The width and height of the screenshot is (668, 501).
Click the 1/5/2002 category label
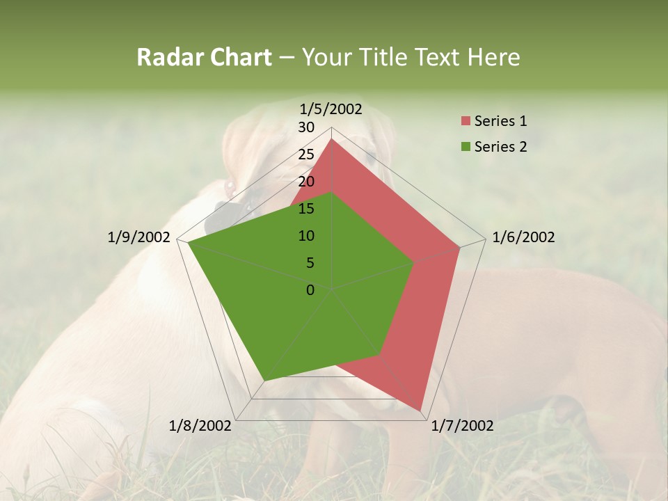(331, 109)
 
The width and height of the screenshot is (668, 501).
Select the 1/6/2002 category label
(523, 237)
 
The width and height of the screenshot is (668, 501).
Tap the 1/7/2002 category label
(462, 426)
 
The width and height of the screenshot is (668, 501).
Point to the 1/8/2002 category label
(200, 426)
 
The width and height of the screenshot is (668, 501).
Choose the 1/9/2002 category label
(139, 237)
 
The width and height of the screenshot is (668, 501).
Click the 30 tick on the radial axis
(306, 127)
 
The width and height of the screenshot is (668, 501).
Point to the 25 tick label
(306, 154)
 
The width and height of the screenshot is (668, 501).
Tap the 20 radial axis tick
(306, 182)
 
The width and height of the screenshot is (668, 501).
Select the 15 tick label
(306, 209)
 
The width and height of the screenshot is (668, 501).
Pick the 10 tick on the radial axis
(306, 236)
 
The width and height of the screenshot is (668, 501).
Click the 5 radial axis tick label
(310, 263)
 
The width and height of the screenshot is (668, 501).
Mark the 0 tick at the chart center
(310, 290)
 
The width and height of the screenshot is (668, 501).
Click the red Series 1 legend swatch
(466, 122)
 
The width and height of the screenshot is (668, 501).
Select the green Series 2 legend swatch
(466, 147)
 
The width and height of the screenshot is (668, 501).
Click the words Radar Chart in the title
(204, 57)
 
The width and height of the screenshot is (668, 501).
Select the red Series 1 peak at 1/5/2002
(332, 139)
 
